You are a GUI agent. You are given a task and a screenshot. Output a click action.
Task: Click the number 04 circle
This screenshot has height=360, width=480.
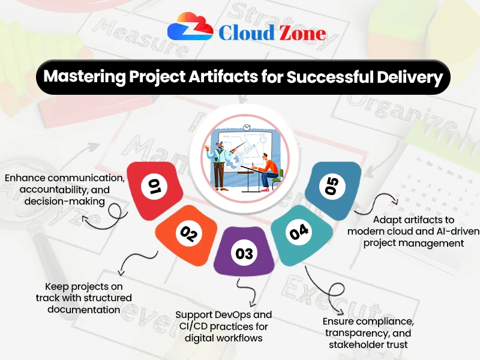point(298,232)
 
